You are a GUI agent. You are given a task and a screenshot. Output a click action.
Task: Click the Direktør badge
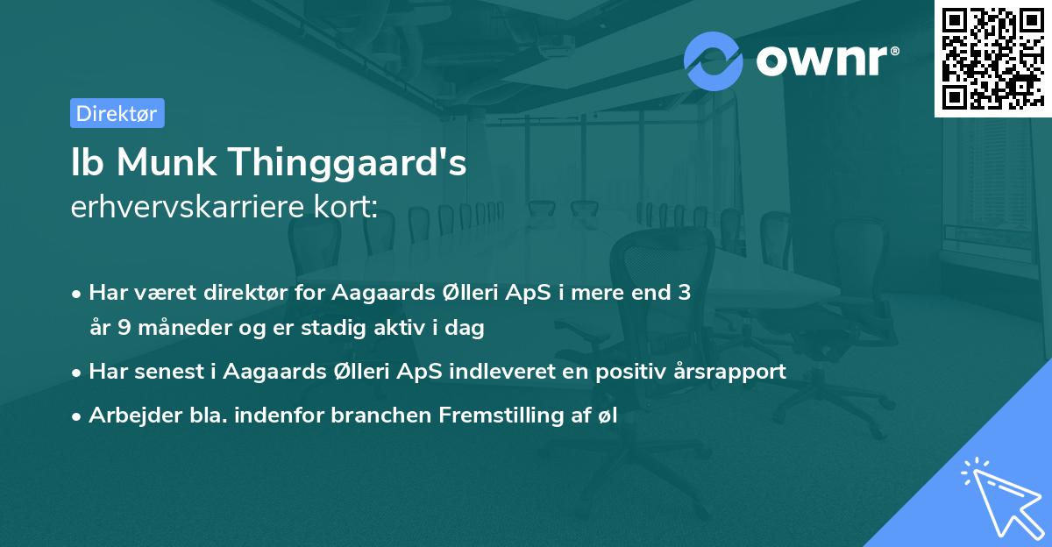[117, 113]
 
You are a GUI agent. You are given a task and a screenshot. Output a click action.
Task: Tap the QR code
[992, 58]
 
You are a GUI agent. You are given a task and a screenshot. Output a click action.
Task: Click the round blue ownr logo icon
[714, 60]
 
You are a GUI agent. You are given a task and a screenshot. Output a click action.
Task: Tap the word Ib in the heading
[86, 164]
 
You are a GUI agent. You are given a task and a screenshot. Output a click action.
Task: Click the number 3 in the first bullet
[684, 293]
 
